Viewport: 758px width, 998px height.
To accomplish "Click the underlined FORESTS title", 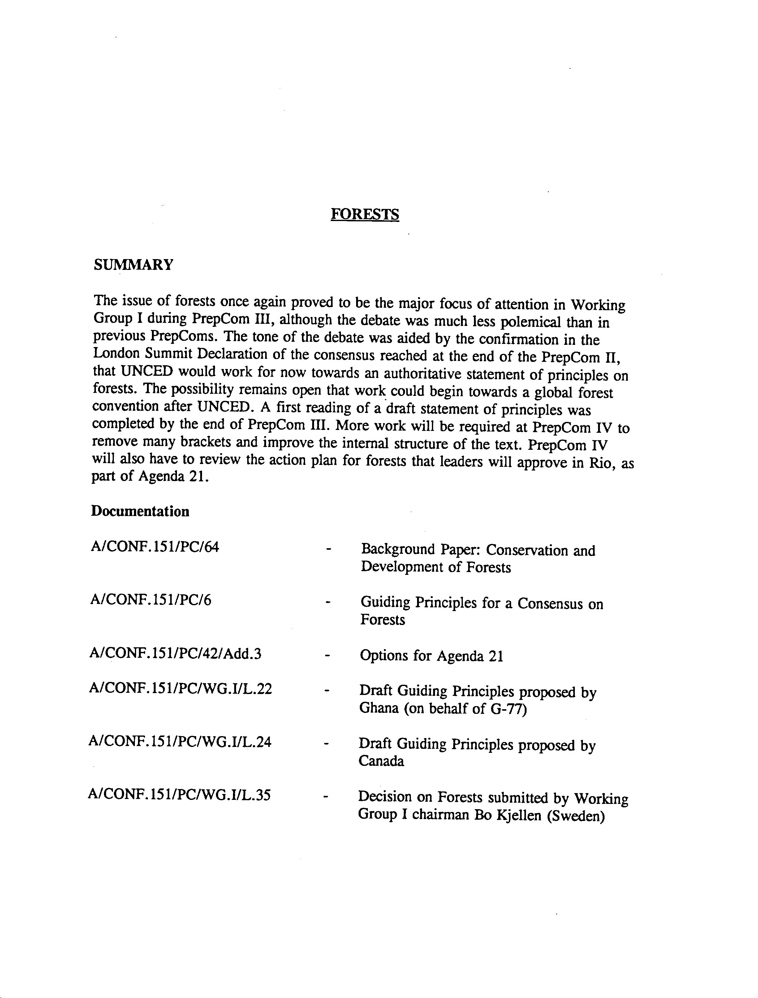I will (x=364, y=214).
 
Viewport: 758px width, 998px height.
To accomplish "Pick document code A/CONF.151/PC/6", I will (x=151, y=600).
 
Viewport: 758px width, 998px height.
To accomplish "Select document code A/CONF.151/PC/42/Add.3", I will (x=175, y=653).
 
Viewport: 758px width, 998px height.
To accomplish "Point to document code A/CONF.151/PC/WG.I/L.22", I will (x=180, y=689).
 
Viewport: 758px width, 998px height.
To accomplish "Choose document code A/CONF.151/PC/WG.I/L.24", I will (x=180, y=742).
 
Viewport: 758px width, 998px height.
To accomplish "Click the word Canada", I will (x=381, y=761).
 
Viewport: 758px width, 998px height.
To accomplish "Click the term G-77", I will (x=509, y=709).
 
